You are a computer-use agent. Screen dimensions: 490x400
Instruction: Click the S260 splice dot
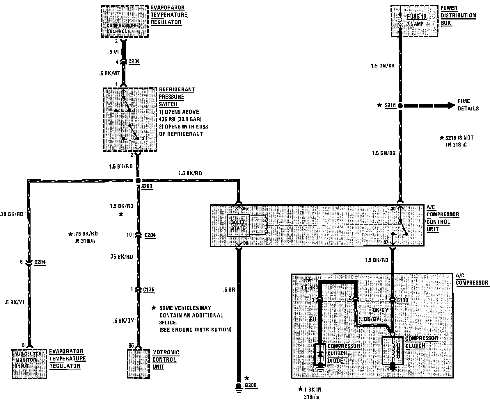click(138, 181)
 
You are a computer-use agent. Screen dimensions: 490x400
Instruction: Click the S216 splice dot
click(400, 106)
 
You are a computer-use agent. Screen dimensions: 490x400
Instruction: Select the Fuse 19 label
click(416, 17)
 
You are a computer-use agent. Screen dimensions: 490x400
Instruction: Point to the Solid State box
click(238, 226)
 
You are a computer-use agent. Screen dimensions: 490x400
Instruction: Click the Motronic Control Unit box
click(139, 363)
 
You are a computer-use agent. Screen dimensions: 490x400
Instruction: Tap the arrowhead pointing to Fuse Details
click(451, 106)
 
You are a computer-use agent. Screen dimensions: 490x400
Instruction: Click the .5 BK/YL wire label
click(15, 302)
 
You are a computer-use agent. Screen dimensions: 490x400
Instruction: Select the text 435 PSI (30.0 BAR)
click(180, 119)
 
